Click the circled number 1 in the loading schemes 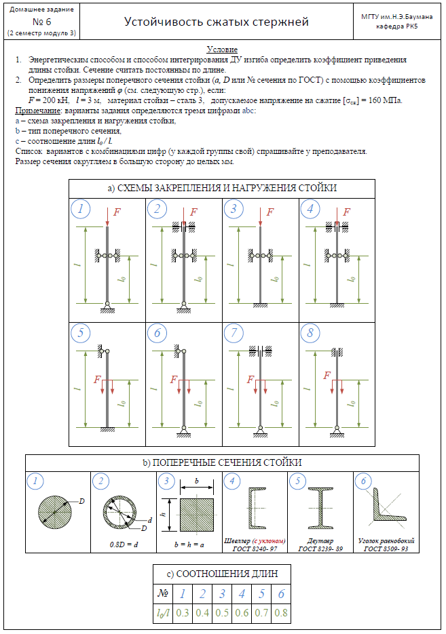[x=81, y=209]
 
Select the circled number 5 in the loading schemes [x=81, y=333]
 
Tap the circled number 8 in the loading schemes [x=310, y=333]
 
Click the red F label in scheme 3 [x=270, y=212]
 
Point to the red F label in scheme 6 [x=174, y=380]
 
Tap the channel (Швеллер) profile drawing [x=256, y=509]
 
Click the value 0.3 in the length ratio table [x=181, y=612]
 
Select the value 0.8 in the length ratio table [x=280, y=612]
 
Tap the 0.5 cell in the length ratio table [x=221, y=612]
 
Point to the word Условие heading [x=222, y=50]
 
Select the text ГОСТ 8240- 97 [x=256, y=548]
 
